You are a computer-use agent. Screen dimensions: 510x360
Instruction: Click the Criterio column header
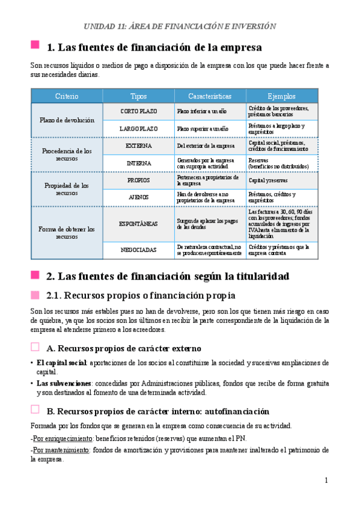[x=66, y=96]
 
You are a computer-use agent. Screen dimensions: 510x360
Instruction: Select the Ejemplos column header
[x=282, y=96]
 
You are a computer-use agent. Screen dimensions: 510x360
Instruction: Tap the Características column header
[x=210, y=96]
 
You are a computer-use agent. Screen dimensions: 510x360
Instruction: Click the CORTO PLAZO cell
[x=139, y=111]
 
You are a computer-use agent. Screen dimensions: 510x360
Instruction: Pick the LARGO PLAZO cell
[x=139, y=129]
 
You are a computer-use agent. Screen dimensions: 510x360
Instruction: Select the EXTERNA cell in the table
[x=139, y=146]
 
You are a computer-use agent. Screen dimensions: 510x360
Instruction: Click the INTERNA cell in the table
[x=139, y=163]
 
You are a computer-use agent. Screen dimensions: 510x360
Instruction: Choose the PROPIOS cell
[x=139, y=180]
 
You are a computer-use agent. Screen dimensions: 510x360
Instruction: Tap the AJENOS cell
[x=139, y=197]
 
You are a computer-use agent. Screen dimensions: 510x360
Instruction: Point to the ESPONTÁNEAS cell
[x=139, y=224]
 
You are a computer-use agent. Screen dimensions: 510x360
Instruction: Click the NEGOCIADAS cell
[x=139, y=250]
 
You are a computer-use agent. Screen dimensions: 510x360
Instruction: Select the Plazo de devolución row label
[x=67, y=120]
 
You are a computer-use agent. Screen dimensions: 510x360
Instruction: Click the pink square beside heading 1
[x=35, y=46]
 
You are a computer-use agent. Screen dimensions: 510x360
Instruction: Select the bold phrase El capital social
[x=61, y=363]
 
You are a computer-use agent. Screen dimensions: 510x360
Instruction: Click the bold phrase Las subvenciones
[x=64, y=382]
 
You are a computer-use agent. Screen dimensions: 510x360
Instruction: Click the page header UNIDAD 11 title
[x=180, y=26]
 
